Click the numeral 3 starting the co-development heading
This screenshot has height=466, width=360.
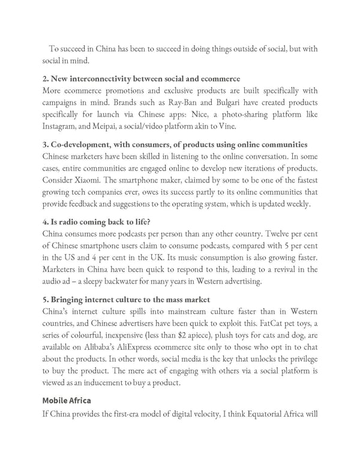(45, 145)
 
